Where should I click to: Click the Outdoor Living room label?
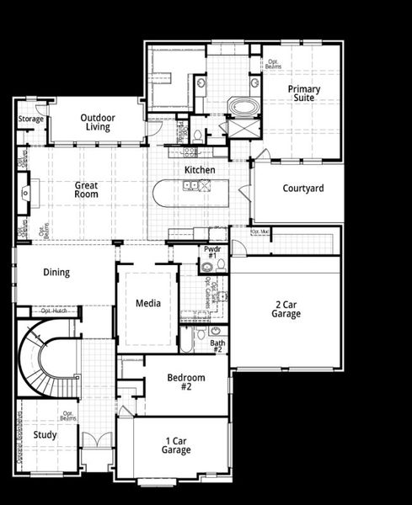[x=98, y=122]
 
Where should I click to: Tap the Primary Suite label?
[x=303, y=93]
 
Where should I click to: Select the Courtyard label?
[x=302, y=189]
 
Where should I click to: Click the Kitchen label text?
[x=200, y=170]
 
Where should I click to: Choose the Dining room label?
[x=56, y=273]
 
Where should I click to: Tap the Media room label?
[x=148, y=303]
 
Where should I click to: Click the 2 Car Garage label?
[x=286, y=309]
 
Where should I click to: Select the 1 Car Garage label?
[x=175, y=444]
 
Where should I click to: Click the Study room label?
[x=45, y=435]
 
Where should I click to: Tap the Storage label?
[x=31, y=120]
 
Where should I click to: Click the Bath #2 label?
[x=217, y=346]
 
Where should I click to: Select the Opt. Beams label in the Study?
[x=69, y=416]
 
